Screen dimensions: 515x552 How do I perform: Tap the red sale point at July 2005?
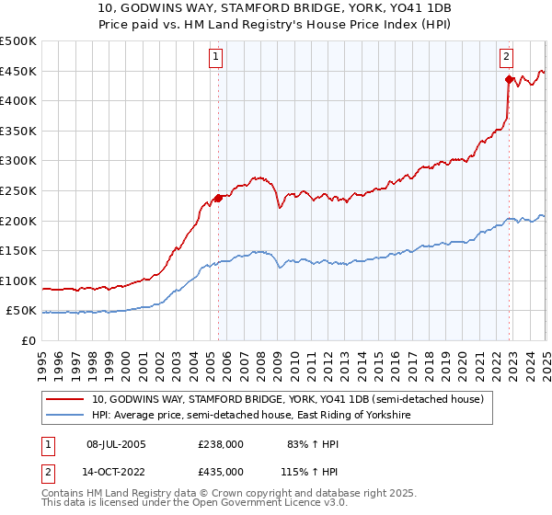(218, 197)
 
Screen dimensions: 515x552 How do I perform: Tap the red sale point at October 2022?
(509, 79)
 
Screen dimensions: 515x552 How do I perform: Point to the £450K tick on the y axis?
(18, 71)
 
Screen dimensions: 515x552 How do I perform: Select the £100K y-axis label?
(18, 280)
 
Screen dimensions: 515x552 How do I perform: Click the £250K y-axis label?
(18, 190)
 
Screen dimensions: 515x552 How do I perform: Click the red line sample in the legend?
(65, 399)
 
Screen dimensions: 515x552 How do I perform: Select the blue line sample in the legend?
(65, 416)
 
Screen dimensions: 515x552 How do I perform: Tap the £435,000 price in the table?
(221, 471)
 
